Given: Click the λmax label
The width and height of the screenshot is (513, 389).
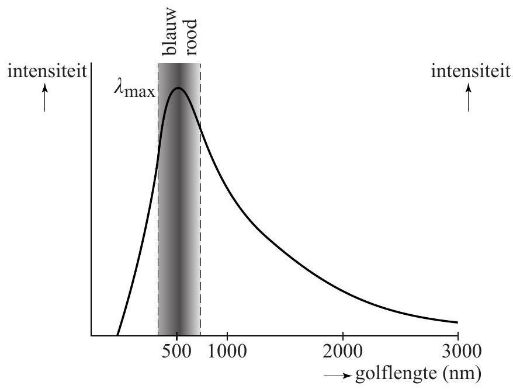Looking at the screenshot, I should point(134,91).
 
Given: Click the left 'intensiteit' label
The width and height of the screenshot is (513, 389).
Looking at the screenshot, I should point(46,72).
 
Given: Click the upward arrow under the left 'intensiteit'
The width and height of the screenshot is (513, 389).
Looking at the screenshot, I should point(44,98).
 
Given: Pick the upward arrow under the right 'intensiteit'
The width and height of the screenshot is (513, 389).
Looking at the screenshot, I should point(468,98).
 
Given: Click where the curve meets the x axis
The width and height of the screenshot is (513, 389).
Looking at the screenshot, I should point(117,335).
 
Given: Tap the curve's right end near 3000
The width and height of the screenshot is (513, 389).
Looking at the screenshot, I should point(456,322).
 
